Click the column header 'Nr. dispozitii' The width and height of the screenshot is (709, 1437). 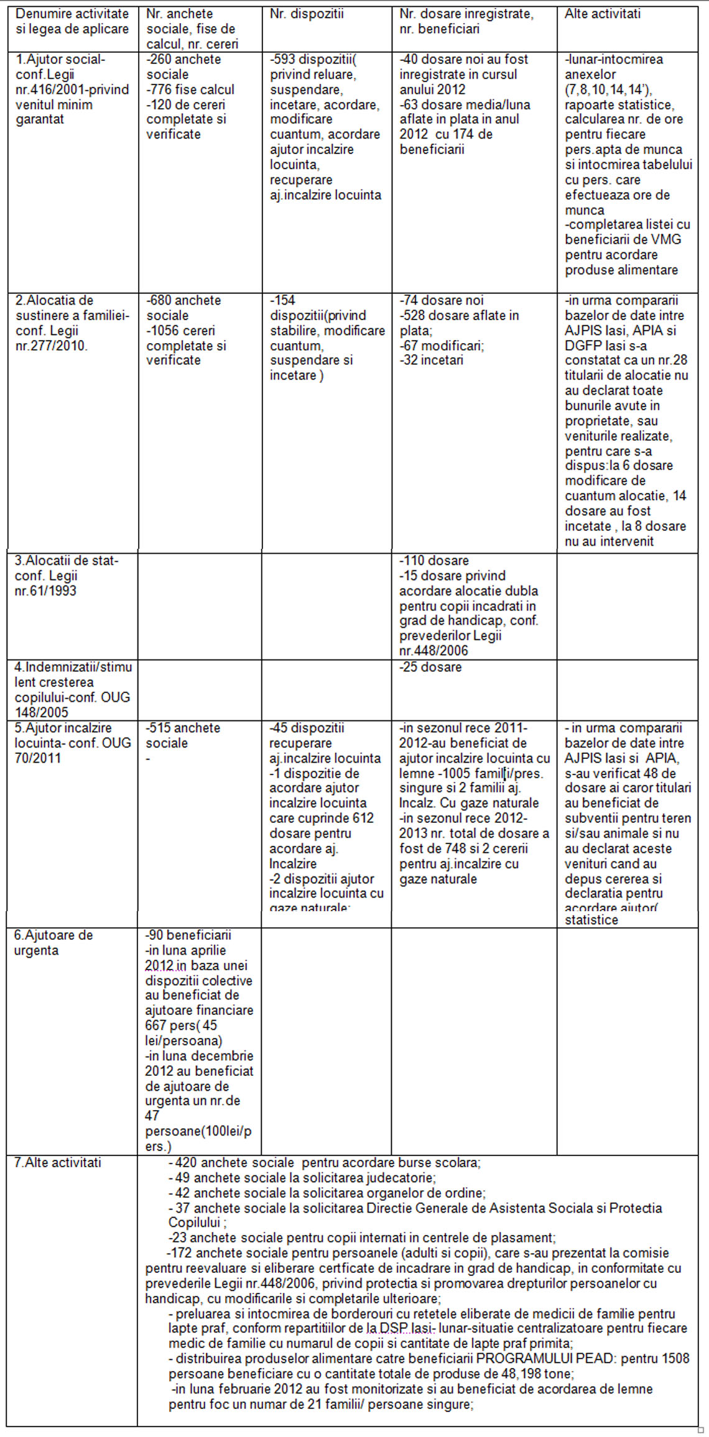point(306,14)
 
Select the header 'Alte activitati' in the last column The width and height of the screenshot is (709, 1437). point(602,14)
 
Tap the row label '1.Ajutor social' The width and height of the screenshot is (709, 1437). point(60,60)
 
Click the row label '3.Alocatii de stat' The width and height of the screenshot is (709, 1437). point(66,561)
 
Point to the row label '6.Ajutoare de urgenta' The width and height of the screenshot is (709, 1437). point(53,942)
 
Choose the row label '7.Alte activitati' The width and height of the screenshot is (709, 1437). point(57,1162)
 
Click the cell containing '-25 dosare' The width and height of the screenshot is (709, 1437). point(430,667)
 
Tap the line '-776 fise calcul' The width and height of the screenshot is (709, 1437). point(190,90)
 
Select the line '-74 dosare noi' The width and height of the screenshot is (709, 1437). point(441,300)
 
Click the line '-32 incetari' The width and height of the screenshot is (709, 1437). point(431,360)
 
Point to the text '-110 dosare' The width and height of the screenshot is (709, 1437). point(433,561)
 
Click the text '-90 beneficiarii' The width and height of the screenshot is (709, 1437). point(188,935)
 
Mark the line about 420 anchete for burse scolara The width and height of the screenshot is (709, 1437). point(325,1162)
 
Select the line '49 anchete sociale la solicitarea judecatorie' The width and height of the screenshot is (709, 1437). point(302,1178)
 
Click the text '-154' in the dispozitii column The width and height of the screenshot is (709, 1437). point(282,300)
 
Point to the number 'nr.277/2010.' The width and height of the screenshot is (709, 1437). point(51,346)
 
